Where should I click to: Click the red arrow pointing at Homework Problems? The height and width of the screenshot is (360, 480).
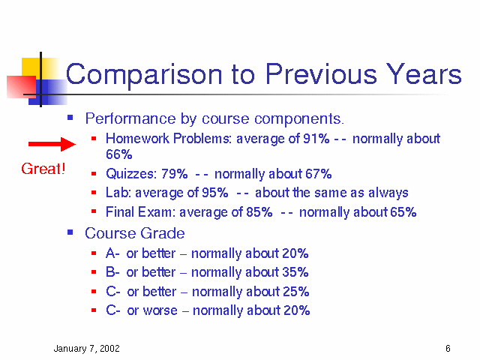tap(52, 144)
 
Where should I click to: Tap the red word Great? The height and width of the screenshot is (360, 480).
tap(43, 169)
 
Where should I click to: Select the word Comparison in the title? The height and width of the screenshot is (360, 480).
tap(144, 75)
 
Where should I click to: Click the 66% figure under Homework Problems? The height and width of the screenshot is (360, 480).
tap(119, 154)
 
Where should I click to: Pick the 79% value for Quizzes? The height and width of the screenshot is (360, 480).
tap(175, 174)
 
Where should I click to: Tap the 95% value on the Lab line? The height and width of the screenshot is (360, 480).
tap(215, 193)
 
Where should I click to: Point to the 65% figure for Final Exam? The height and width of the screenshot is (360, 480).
tap(403, 212)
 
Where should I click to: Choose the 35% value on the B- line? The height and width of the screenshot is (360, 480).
tap(295, 272)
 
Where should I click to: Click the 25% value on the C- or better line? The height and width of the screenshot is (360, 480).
tap(295, 292)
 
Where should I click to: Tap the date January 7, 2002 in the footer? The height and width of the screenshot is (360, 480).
tap(87, 349)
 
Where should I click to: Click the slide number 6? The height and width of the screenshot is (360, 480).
tap(448, 348)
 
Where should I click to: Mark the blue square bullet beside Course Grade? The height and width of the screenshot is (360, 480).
tap(70, 232)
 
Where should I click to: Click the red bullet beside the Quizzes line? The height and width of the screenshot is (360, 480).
tap(94, 174)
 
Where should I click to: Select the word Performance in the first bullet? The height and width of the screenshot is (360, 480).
tap(130, 118)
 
